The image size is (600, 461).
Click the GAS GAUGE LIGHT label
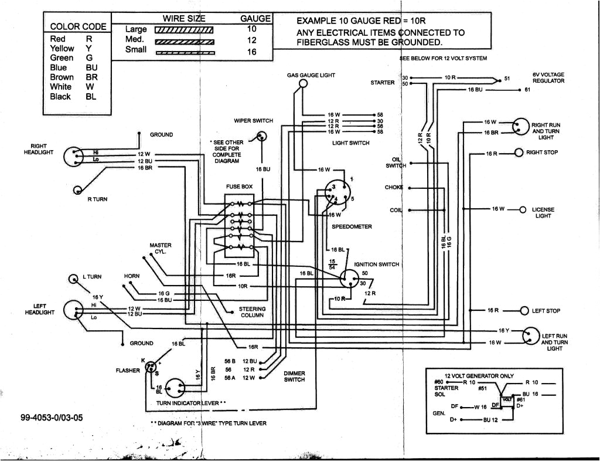point(311,75)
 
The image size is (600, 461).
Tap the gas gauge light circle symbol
point(303,84)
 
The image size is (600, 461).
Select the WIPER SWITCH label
point(253,120)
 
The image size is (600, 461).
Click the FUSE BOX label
point(239,187)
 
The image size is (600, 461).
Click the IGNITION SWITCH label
point(376,265)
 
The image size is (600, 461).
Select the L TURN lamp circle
point(74,279)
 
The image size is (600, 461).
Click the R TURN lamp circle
point(78,189)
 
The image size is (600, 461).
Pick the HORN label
point(132,276)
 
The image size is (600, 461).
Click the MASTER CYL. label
point(160,248)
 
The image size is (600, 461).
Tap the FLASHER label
point(128,371)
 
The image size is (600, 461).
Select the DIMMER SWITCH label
point(294,377)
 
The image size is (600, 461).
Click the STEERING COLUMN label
point(252,312)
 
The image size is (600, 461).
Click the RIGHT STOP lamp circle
point(518,153)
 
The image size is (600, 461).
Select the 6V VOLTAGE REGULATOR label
point(548,78)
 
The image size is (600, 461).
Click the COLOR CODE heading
point(78,26)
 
